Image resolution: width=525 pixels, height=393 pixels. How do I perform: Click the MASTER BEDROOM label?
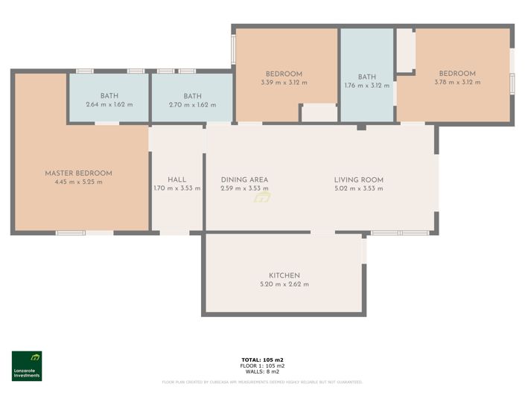[78, 173]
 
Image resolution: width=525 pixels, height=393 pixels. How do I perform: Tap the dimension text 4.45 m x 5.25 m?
[78, 182]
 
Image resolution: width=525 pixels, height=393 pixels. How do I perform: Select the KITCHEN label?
[284, 275]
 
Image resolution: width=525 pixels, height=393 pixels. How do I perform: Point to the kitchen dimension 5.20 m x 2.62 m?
[284, 284]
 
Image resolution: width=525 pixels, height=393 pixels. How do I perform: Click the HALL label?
[176, 179]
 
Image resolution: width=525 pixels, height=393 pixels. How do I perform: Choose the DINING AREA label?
[244, 179]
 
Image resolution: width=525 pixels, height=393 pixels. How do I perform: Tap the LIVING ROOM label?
[358, 179]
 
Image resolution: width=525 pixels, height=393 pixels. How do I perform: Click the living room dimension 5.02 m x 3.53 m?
[358, 188]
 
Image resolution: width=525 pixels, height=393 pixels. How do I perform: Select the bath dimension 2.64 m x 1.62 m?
[109, 105]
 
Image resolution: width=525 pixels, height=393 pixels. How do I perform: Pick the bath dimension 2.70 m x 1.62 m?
[192, 105]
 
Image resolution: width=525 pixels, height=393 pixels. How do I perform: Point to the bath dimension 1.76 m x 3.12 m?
[367, 86]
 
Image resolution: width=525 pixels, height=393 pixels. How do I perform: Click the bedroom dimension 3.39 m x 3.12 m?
[284, 83]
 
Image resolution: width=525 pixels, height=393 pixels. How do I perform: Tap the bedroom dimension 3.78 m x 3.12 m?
[456, 83]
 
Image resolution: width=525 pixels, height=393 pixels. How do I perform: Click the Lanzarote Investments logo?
[27, 365]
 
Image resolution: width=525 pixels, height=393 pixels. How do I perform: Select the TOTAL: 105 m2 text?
[262, 360]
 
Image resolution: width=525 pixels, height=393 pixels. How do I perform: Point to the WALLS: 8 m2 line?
[262, 371]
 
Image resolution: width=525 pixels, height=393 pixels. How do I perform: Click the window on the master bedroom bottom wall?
[71, 233]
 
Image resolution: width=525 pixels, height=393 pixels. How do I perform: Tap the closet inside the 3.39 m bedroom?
[319, 113]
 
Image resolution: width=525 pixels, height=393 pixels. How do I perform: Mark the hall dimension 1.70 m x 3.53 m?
[176, 188]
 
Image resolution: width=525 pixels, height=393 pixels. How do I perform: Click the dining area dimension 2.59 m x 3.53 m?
[244, 188]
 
